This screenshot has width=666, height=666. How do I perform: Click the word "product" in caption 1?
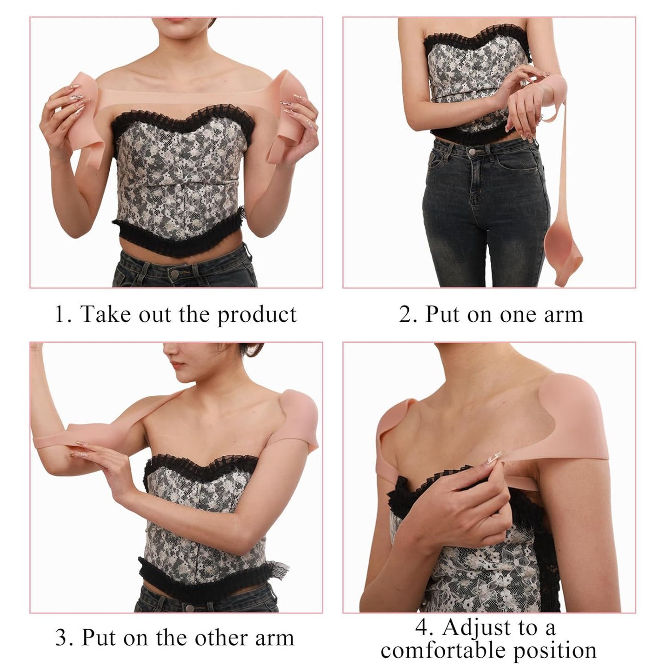[x=257, y=315]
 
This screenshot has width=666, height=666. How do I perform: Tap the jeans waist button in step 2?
[x=472, y=151]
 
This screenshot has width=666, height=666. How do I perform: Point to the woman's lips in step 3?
[x=176, y=364]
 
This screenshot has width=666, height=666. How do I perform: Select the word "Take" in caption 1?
[x=104, y=314]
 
